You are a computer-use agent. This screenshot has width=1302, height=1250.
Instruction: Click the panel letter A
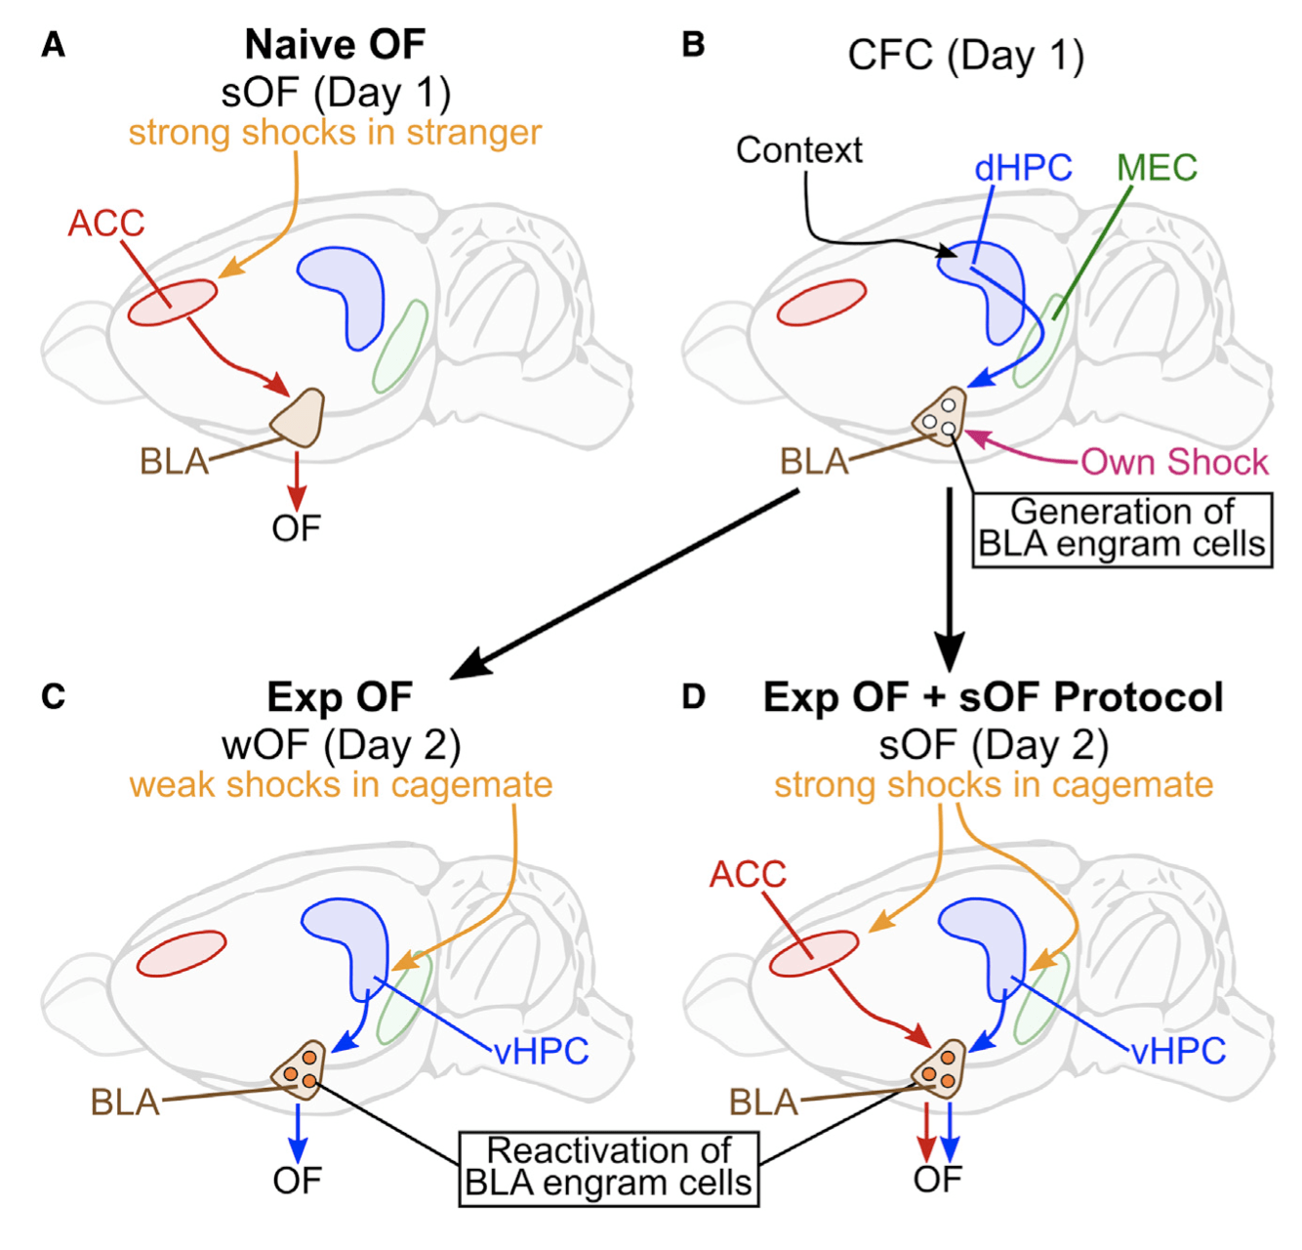pyautogui.click(x=54, y=45)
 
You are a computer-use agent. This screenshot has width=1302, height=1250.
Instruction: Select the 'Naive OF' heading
pyautogui.click(x=335, y=45)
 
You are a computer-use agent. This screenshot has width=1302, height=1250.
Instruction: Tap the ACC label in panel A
pyautogui.click(x=105, y=224)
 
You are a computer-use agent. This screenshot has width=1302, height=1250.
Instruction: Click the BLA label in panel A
pyautogui.click(x=174, y=461)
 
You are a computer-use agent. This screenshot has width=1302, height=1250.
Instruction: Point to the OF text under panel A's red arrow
pyautogui.click(x=296, y=528)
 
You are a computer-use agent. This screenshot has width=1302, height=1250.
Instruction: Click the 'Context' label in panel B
pyautogui.click(x=798, y=150)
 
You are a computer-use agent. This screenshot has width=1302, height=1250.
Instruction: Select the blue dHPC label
pyautogui.click(x=1023, y=168)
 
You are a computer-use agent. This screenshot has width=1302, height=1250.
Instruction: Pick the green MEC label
pyautogui.click(x=1157, y=168)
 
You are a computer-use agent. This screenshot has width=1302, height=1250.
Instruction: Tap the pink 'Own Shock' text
pyautogui.click(x=1175, y=462)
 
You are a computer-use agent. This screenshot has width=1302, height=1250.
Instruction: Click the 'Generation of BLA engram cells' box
pyautogui.click(x=1122, y=529)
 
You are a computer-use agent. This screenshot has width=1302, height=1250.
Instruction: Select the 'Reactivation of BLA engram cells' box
pyautogui.click(x=609, y=1168)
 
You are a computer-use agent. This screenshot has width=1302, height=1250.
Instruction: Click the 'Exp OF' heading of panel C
pyautogui.click(x=340, y=697)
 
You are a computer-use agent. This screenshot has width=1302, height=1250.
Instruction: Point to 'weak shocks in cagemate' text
pyautogui.click(x=341, y=785)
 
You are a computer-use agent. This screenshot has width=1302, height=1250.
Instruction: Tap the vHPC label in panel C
pyautogui.click(x=542, y=1052)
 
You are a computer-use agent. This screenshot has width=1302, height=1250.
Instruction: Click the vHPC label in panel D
pyautogui.click(x=1178, y=1052)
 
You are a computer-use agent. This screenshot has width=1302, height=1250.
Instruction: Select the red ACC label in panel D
pyautogui.click(x=748, y=874)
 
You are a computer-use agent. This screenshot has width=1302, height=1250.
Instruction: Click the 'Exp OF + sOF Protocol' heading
pyautogui.click(x=993, y=697)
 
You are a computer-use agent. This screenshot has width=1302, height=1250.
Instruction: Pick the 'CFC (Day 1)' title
pyautogui.click(x=965, y=56)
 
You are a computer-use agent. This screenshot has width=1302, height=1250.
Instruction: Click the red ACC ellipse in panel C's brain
pyautogui.click(x=182, y=954)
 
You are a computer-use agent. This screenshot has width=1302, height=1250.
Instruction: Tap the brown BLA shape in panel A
pyautogui.click(x=299, y=419)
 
